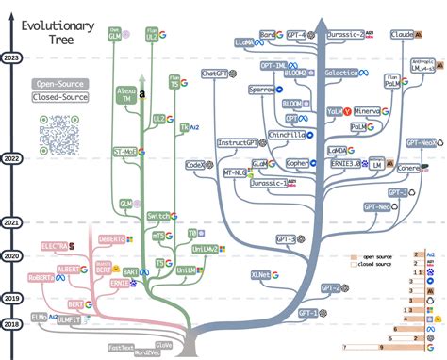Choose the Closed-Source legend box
[58, 97]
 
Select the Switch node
[158, 216]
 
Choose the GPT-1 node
[308, 312]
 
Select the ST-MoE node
[124, 151]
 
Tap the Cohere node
[407, 169]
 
